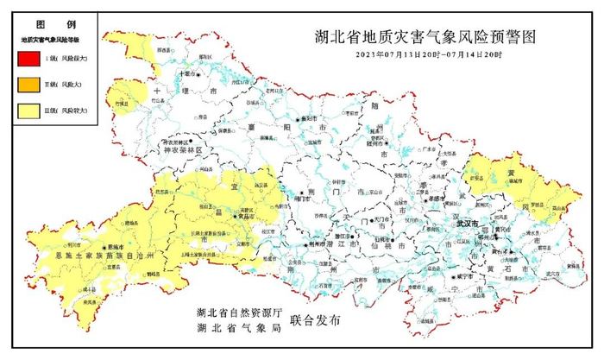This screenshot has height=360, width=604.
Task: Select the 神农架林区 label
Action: point(178,149)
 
